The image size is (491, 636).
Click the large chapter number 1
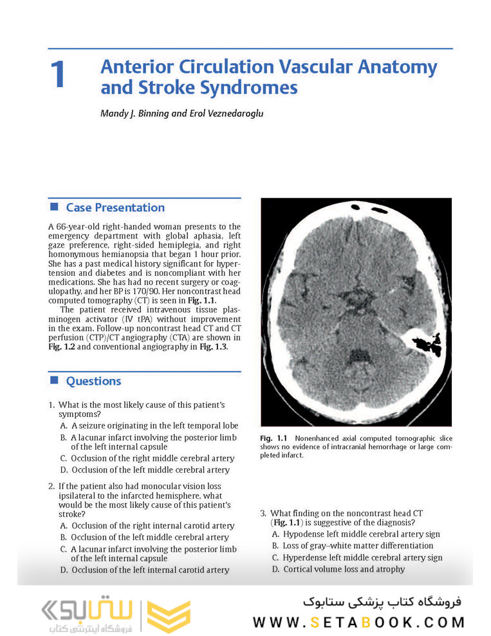57,75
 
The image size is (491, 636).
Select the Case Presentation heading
115,207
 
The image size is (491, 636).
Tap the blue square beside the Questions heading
54,380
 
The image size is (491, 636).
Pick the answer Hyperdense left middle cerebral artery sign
357,557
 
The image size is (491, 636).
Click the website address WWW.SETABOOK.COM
358,622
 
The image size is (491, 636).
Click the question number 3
263,513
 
